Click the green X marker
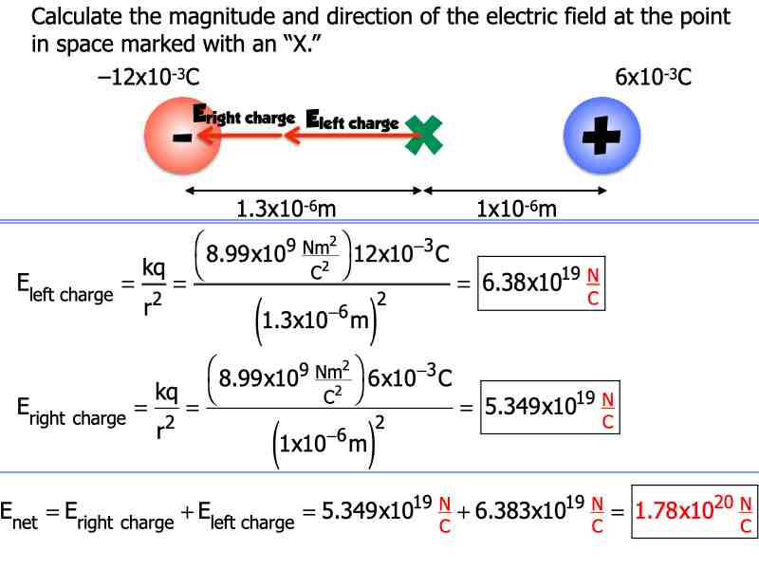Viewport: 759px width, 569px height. (x=424, y=135)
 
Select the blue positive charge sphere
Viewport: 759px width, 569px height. (x=599, y=138)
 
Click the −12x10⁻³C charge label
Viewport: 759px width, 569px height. (x=147, y=78)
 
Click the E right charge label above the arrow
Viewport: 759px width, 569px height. (x=244, y=117)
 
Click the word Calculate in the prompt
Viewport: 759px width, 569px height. (x=75, y=17)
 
